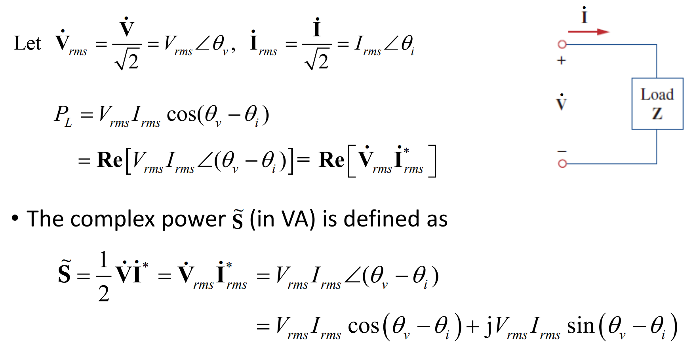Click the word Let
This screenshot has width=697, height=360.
coord(27,43)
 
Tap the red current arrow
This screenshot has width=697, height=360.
coord(588,32)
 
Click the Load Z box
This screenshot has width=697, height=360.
coord(657,104)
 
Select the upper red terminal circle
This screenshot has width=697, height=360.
coord(562,44)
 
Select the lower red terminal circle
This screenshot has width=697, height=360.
coord(562,163)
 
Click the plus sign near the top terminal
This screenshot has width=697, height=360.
coord(561,61)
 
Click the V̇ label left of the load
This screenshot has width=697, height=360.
coord(561,103)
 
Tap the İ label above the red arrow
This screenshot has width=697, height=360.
coord(584,16)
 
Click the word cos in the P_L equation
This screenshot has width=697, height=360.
coord(181,115)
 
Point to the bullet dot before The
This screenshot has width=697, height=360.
coord(15,218)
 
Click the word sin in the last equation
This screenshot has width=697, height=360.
coord(581,326)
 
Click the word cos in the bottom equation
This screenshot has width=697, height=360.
coord(363,326)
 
